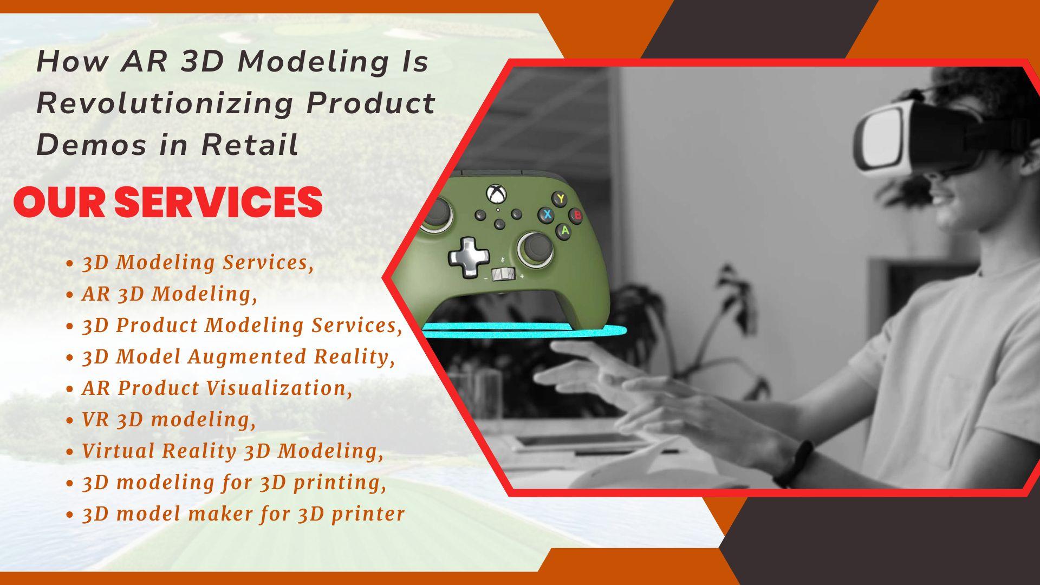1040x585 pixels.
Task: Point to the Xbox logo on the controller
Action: click(x=495, y=193)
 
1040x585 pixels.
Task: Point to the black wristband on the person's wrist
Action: click(x=793, y=464)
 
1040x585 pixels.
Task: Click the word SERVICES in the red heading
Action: click(x=219, y=201)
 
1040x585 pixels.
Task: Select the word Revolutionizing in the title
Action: click(x=165, y=103)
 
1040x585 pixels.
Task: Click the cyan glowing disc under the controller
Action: click(x=524, y=330)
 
